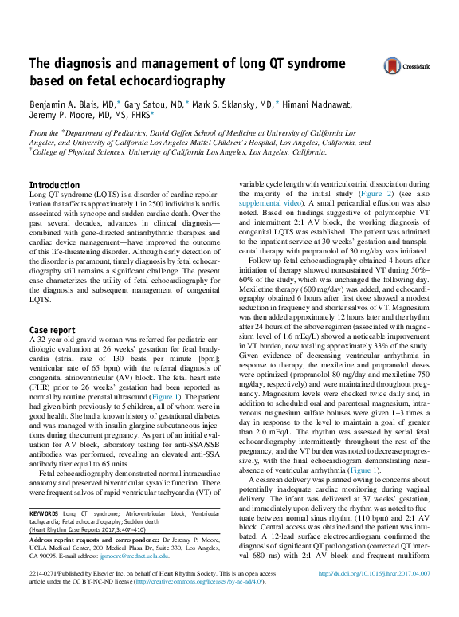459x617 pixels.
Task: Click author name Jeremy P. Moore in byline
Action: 63,115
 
